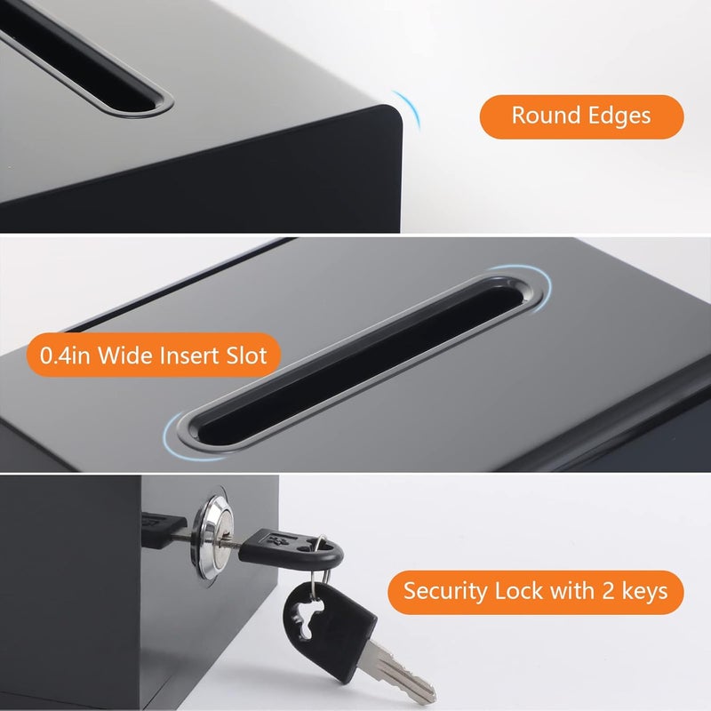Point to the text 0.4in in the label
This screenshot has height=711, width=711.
(x=63, y=356)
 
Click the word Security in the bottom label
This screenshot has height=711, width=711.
(x=442, y=590)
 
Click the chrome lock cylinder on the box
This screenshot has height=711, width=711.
(x=214, y=525)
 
